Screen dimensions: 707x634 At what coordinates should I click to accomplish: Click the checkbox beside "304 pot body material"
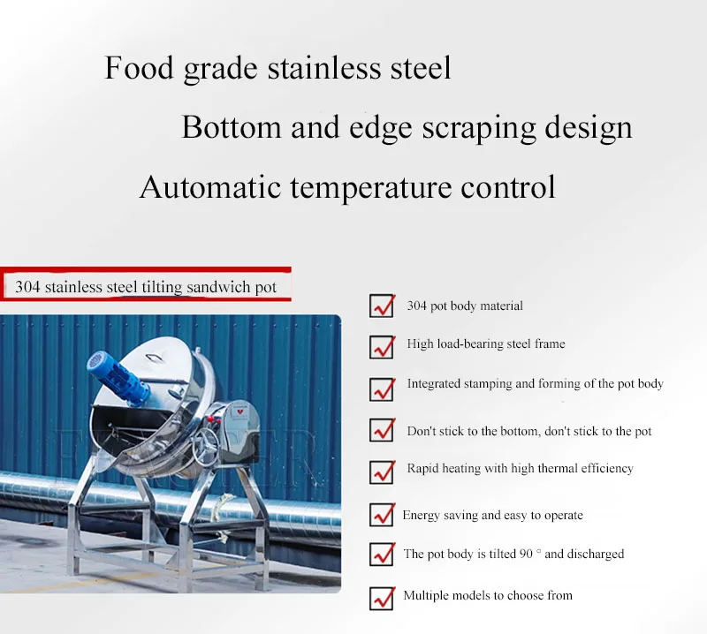(x=382, y=306)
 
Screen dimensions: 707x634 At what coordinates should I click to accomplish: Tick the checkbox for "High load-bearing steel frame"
(x=382, y=347)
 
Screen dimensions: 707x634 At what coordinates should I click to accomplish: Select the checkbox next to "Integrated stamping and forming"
(x=382, y=389)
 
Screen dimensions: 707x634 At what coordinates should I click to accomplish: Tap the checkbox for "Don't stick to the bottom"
(x=382, y=430)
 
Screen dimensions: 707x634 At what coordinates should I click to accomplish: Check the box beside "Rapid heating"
(x=382, y=472)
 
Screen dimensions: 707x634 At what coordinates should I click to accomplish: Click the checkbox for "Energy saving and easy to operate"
(x=382, y=514)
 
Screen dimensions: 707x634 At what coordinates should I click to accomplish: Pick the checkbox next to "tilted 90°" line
(x=382, y=554)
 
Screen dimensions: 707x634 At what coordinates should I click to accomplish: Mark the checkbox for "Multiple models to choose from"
(x=382, y=598)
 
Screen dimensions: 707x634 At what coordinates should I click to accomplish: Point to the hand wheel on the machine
(x=205, y=443)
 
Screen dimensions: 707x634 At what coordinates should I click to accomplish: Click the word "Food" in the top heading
(x=139, y=68)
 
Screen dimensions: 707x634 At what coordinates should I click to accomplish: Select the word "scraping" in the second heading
(x=479, y=128)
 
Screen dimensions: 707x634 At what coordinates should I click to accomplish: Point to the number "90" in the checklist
(x=526, y=554)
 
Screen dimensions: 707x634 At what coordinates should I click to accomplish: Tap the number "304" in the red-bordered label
(x=27, y=287)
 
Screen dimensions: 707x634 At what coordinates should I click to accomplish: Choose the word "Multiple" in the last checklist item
(x=426, y=596)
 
